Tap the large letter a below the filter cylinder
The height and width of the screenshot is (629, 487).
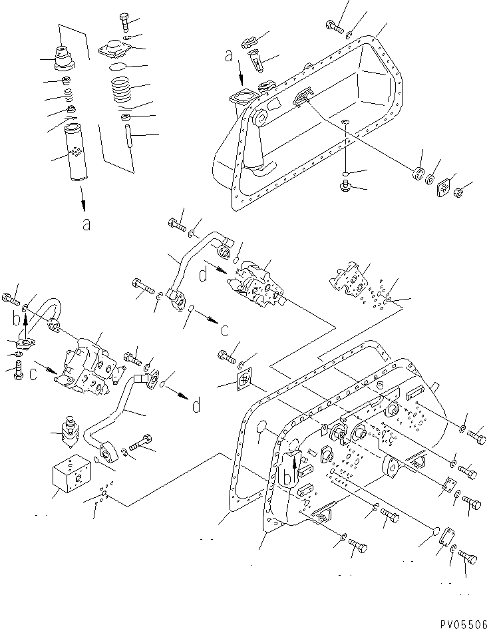(85, 224)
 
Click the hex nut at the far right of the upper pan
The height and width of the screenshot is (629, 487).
(458, 193)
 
